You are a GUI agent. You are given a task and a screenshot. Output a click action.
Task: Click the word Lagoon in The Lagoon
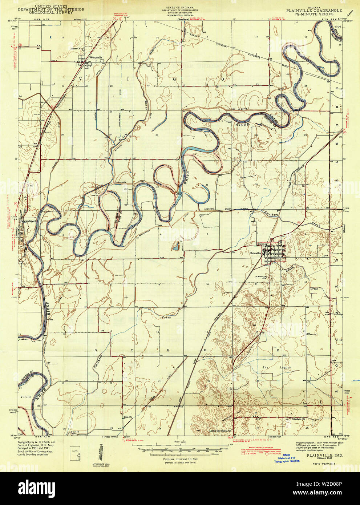click(x=285, y=368)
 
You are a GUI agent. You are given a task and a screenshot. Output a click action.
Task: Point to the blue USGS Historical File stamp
click(x=287, y=459)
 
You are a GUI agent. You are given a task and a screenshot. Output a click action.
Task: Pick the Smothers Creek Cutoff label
click(x=220, y=210)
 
